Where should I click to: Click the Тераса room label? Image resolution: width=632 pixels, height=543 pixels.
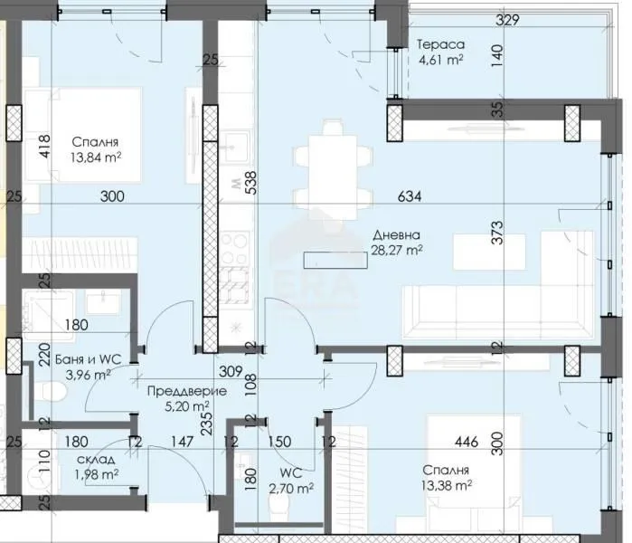click(x=440, y=43)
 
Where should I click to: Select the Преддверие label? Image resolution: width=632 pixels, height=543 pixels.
click(x=187, y=391)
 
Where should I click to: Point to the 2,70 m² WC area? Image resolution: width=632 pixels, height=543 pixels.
click(x=290, y=489)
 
